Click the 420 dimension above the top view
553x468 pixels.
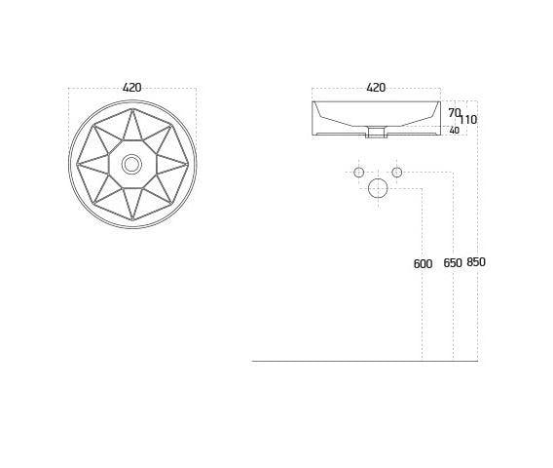click(x=132, y=88)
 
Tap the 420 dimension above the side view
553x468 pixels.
click(x=376, y=88)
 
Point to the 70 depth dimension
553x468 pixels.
click(x=454, y=113)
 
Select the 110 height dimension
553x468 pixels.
click(x=468, y=120)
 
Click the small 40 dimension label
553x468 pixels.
click(x=454, y=131)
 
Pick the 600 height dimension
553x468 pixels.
click(x=423, y=263)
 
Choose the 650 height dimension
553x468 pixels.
click(x=453, y=263)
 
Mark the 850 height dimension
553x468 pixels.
click(x=476, y=262)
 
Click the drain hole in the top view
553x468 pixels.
click(x=131, y=164)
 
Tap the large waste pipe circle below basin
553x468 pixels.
click(x=378, y=189)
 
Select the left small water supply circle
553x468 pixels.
click(x=358, y=173)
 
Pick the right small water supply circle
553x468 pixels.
click(x=397, y=173)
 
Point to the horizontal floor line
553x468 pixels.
click(x=364, y=361)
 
